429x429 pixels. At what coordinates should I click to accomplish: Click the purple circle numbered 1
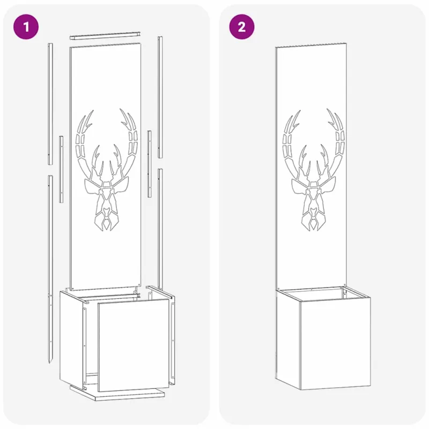[x=26, y=27]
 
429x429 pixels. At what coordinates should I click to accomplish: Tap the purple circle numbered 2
[x=242, y=27]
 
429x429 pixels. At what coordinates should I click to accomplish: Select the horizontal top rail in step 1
[x=105, y=36]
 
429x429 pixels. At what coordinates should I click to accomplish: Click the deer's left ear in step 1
[x=92, y=187]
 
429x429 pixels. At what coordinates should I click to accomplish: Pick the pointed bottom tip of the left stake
[x=49, y=363]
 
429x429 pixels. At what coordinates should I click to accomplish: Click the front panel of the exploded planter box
[x=134, y=345]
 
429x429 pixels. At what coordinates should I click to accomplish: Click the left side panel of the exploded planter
[x=71, y=338]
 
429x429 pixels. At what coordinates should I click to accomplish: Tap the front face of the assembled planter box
[x=336, y=342]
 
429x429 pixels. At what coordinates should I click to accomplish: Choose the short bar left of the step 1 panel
[x=61, y=169]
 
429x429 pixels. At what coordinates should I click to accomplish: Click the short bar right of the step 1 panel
[x=150, y=164]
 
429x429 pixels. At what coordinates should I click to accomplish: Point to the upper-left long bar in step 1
[x=50, y=103]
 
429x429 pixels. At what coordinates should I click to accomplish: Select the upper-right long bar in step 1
[x=160, y=97]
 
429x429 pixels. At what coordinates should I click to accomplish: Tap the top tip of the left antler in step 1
[x=93, y=110]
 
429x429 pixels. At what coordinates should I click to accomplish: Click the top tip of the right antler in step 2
[x=327, y=109]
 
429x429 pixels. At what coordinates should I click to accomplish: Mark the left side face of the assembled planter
[x=288, y=339]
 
